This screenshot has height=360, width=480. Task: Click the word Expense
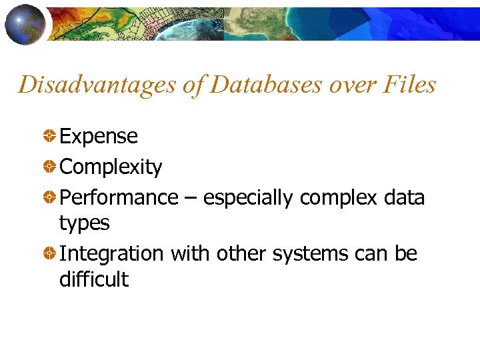click(x=99, y=137)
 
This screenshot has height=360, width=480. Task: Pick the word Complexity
click(x=111, y=167)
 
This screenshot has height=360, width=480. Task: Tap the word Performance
click(x=119, y=198)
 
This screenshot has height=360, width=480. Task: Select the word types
click(x=84, y=224)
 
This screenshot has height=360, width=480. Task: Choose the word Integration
click(x=111, y=254)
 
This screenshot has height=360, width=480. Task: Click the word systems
click(x=310, y=254)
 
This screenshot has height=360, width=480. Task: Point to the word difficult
click(x=94, y=279)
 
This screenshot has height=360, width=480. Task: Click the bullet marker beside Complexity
click(x=49, y=167)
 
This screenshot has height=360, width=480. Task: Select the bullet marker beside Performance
click(x=49, y=198)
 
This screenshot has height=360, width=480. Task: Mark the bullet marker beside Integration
click(x=49, y=254)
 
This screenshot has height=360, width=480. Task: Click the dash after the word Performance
click(x=191, y=199)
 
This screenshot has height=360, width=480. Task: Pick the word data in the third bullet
click(x=405, y=198)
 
